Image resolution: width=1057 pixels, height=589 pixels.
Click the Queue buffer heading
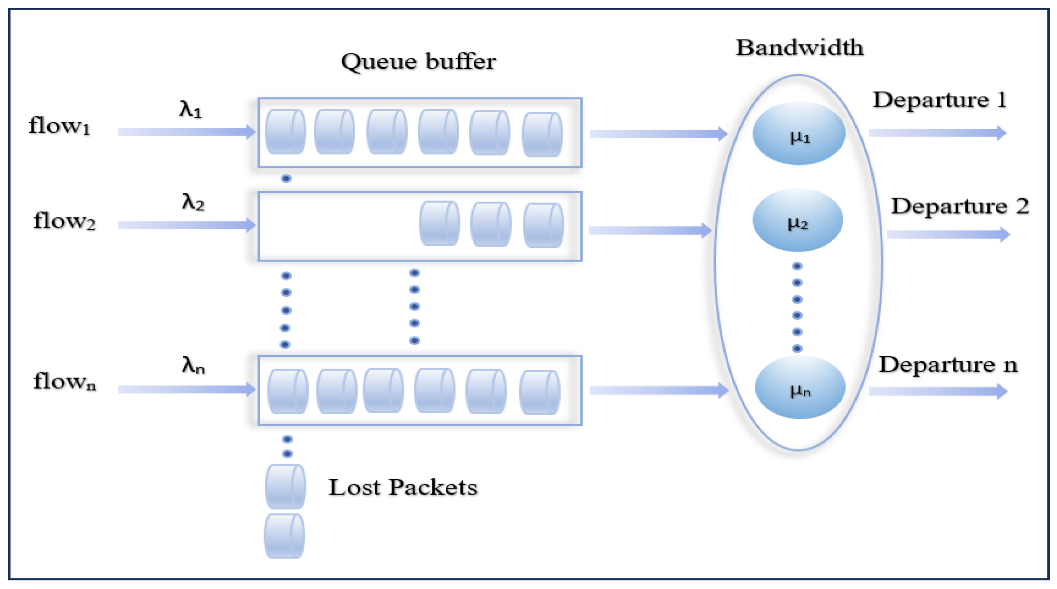coord(418,62)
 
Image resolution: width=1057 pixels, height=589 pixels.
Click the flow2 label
coord(64,222)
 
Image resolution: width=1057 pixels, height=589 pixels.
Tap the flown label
coord(64,382)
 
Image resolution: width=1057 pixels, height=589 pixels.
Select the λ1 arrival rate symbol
coord(191,110)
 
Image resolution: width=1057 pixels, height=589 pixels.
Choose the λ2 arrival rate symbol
coord(193,202)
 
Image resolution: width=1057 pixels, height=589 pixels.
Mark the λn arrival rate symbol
coord(193,365)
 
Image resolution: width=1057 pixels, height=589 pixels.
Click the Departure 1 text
coord(939,100)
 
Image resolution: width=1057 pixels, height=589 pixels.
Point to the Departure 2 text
coord(959,206)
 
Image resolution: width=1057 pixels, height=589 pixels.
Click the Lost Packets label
coord(403,488)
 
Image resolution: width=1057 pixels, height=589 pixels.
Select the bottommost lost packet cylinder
coord(284,536)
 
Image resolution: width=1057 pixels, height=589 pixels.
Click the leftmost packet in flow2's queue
coord(439,224)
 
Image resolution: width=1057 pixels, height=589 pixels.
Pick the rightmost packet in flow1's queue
coord(542,135)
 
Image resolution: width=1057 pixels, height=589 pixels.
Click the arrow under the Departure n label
coord(938,391)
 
